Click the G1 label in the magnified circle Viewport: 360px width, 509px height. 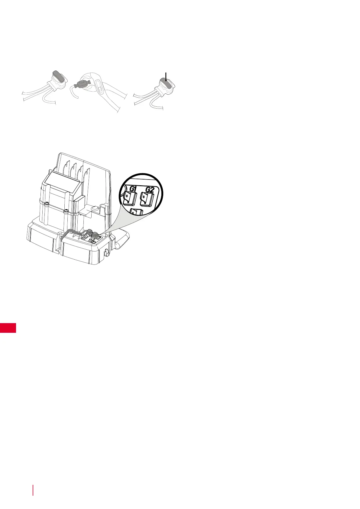132,189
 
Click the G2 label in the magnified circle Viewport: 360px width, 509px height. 150,190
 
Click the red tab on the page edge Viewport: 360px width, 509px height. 8,328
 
